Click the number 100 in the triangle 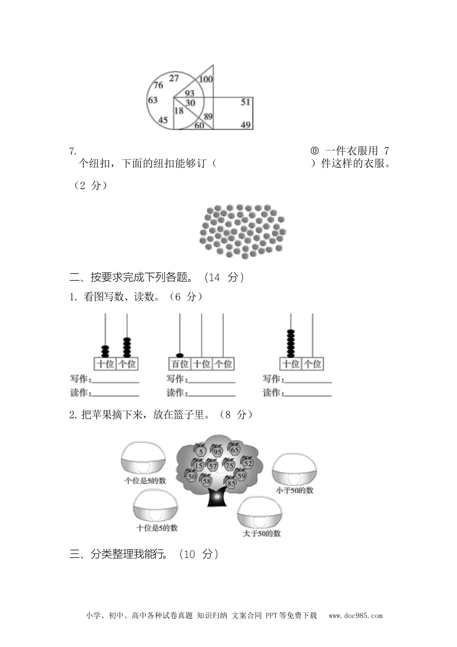(206, 79)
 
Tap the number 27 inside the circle (174, 78)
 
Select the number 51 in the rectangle (245, 102)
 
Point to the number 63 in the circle (152, 100)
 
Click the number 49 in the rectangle (245, 125)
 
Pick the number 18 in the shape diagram (179, 111)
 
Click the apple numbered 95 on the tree (217, 452)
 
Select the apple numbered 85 (231, 482)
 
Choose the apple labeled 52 (247, 463)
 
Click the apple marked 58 (207, 480)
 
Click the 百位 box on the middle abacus (180, 364)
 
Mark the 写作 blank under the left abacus (115, 379)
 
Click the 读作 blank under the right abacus (308, 393)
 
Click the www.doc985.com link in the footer (355, 615)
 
